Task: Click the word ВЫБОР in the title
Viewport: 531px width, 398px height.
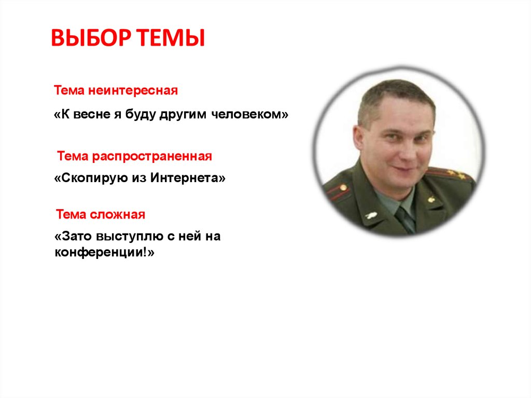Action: (91, 38)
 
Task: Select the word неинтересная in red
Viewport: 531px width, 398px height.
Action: (133, 90)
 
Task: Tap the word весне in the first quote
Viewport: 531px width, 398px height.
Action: (92, 114)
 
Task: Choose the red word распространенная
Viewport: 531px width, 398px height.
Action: (152, 157)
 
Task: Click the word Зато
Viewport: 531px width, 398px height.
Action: (77, 236)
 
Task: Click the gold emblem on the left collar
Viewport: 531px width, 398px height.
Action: (371, 215)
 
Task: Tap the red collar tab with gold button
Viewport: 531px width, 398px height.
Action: (339, 191)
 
